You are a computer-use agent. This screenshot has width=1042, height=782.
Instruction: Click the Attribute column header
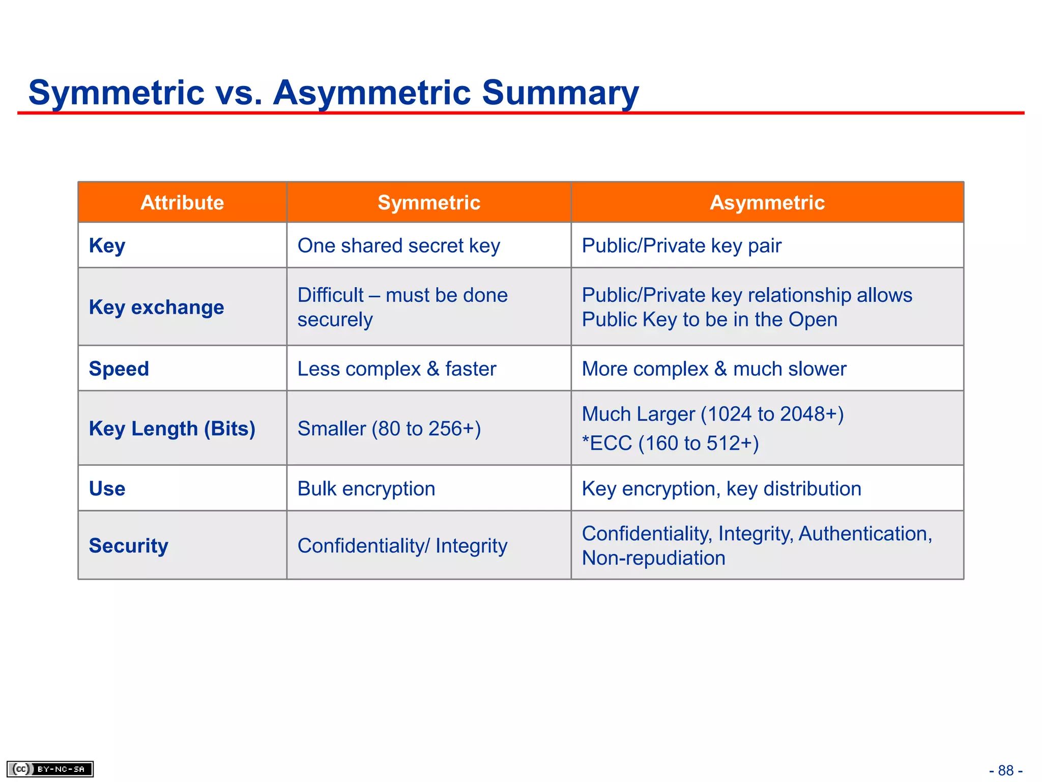coord(182,203)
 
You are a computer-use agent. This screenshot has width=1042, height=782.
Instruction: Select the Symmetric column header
coord(429,203)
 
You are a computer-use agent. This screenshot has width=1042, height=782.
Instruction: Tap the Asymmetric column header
coord(767,203)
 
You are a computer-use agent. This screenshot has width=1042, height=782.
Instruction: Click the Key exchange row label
coord(156,308)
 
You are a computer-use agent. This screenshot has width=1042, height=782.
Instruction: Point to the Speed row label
coord(119,369)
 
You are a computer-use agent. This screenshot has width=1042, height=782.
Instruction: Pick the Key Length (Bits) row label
coord(172,429)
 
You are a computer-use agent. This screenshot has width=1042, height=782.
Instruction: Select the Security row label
coord(128,546)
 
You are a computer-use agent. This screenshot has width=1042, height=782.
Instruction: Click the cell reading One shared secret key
coord(398,246)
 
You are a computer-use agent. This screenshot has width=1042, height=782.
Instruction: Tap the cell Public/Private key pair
coord(681,246)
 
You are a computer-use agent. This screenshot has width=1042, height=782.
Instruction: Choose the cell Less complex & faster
coord(396,369)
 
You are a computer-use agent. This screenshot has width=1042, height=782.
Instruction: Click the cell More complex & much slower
coord(714,369)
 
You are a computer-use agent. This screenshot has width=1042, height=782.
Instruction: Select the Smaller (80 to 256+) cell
coord(389,429)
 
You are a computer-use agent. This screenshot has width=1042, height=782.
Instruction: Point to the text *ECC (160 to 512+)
coord(670,443)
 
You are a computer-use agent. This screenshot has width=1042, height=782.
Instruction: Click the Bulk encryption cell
coord(366,489)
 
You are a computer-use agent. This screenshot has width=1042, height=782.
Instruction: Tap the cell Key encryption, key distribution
coord(721,489)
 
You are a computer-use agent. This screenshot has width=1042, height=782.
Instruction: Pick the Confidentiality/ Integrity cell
coord(402,546)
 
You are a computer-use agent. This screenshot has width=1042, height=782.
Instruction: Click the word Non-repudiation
coord(653,558)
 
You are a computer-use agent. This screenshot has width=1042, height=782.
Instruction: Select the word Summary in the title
coord(560,93)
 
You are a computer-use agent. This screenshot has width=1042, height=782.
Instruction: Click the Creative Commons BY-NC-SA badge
coord(50,769)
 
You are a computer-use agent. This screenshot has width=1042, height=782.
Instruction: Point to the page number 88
coord(1005,770)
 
